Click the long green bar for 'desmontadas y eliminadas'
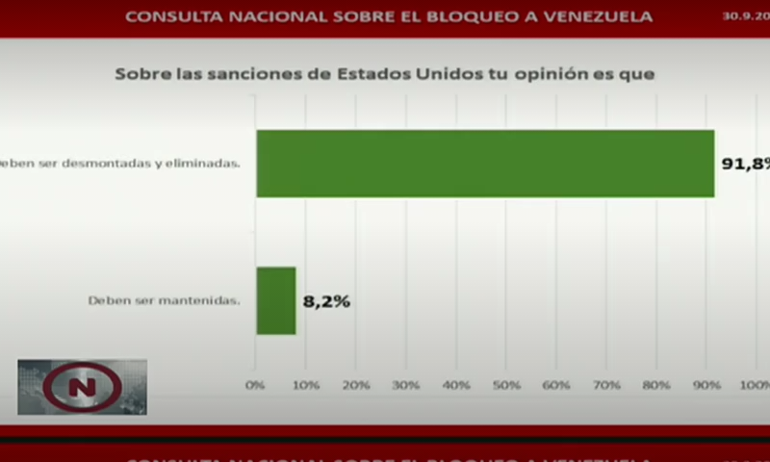pos(485,164)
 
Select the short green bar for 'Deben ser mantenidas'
pos(276,300)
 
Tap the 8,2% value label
pos(326,301)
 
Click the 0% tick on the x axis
pos(255,385)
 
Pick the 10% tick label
pos(305,385)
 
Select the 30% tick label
pos(406,385)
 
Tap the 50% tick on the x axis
pos(506,385)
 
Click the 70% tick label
pos(606,385)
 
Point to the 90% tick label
pos(706,385)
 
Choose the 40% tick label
pos(456,385)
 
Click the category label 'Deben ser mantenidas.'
pos(164,300)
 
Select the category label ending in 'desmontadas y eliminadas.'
pos(120,164)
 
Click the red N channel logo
pos(82,387)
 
